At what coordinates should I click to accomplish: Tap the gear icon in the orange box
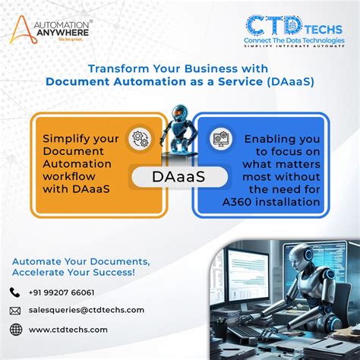pos(140,139)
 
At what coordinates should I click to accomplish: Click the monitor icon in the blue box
pos(221,139)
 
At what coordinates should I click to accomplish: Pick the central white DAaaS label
pos(180,176)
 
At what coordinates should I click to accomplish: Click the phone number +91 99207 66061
pos(62,292)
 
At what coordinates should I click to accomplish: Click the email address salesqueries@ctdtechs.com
pos(87,310)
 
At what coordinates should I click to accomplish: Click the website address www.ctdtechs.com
pos(68,330)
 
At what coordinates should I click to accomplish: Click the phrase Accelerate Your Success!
pos(74,272)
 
